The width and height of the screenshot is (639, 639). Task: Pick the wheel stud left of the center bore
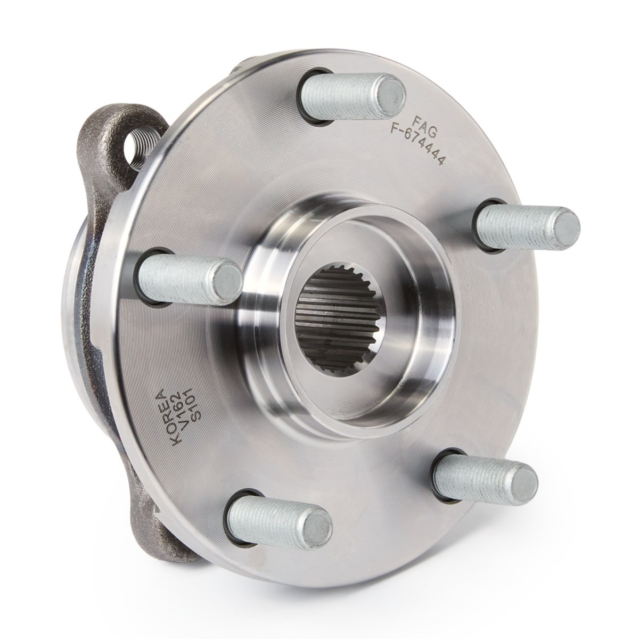[190, 279]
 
